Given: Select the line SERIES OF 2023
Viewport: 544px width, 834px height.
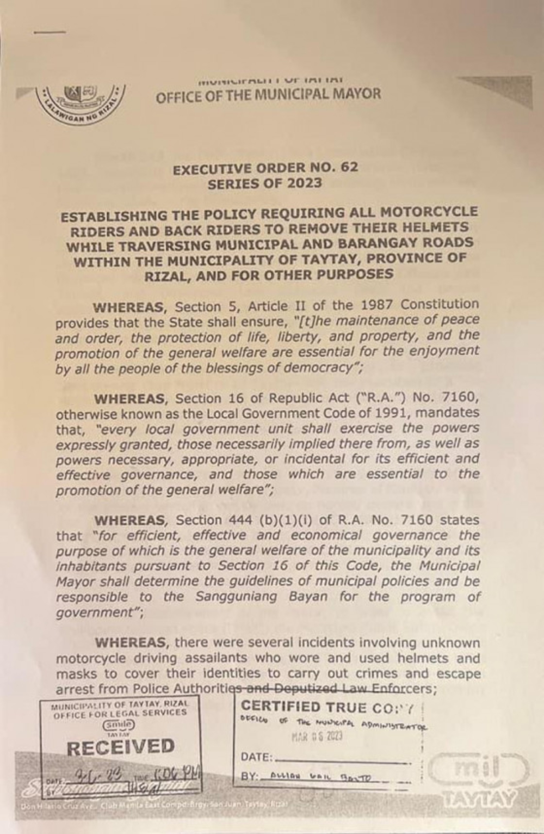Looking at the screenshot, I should point(264,183).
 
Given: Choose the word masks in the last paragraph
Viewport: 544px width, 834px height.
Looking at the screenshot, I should point(73,673).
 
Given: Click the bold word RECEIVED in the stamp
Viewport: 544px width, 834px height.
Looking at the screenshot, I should point(121,746).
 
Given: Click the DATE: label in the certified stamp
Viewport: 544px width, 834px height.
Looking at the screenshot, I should point(256,757).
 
